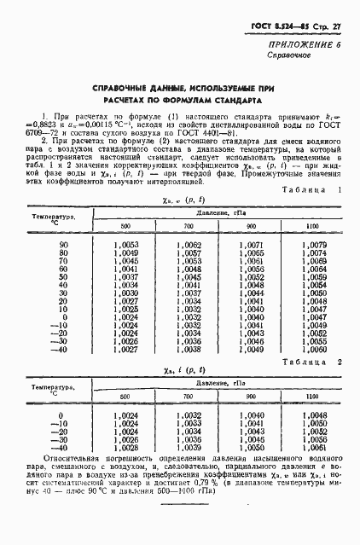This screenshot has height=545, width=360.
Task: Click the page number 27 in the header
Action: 336,28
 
